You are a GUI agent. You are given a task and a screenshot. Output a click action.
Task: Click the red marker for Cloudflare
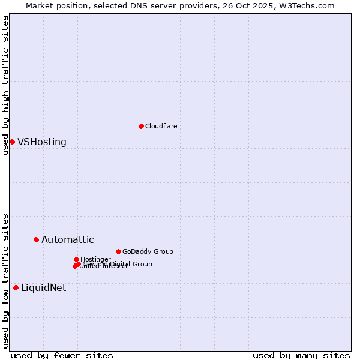(141, 126)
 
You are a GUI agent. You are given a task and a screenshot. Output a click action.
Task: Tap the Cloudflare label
(161, 126)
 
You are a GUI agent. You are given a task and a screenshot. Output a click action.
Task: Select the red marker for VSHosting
(12, 142)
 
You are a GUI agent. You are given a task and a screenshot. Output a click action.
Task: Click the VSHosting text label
(42, 142)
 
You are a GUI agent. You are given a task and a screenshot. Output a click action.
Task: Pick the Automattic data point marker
(36, 239)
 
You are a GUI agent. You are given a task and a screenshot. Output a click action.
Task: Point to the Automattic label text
(67, 240)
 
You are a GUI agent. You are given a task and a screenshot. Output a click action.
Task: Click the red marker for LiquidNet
(16, 287)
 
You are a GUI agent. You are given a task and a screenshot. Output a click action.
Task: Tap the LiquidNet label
(43, 288)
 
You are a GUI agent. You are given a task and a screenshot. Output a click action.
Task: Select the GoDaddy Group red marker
(118, 251)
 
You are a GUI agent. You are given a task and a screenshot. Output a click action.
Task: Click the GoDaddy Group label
(148, 252)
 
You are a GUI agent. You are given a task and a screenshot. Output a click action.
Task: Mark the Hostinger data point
(76, 259)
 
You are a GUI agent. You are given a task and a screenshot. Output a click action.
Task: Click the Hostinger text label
(95, 259)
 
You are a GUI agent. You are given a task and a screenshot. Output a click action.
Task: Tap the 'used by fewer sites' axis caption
(62, 355)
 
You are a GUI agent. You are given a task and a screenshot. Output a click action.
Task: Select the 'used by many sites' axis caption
(301, 355)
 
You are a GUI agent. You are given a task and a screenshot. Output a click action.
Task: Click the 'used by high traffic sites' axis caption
(5, 85)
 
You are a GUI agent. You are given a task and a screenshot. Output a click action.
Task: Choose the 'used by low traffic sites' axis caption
(5, 280)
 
